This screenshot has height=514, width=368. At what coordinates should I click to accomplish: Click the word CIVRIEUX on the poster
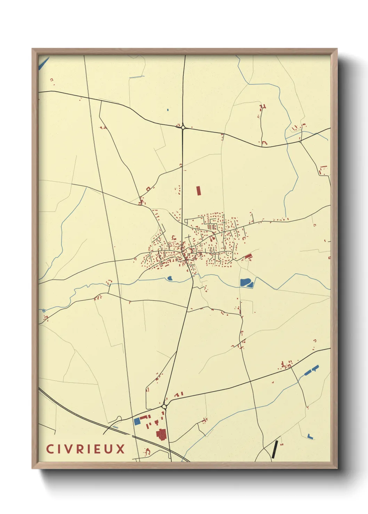[86, 449]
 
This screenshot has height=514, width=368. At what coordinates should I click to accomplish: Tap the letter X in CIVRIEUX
[120, 449]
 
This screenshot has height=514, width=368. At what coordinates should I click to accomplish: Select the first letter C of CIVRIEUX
[49, 449]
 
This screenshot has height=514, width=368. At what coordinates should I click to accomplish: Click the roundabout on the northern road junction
[183, 127]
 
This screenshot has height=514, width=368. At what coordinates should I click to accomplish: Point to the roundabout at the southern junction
[164, 406]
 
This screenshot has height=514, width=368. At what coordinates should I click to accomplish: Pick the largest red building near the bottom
[161, 434]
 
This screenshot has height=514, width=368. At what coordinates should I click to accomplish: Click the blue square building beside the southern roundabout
[137, 421]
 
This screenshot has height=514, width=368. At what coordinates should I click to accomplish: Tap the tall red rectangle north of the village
[199, 191]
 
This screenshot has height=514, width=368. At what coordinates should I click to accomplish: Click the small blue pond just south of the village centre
[170, 278]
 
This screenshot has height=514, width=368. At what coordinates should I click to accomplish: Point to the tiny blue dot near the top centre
[168, 110]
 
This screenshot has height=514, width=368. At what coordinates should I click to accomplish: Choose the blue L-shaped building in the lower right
[310, 437]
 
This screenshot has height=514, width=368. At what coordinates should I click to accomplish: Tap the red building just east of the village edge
[248, 257]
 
